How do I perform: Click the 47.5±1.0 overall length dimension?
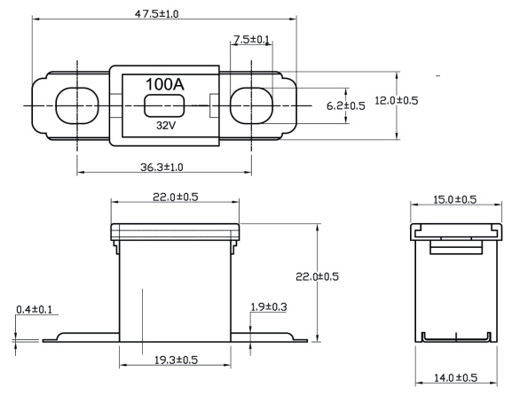pyautogui.click(x=156, y=14)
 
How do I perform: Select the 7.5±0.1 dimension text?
pyautogui.click(x=251, y=40)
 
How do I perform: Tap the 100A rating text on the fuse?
pyautogui.click(x=165, y=84)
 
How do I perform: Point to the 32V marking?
pyautogui.click(x=166, y=125)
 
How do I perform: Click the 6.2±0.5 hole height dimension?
pyautogui.click(x=346, y=106)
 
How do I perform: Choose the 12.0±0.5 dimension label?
pyautogui.click(x=396, y=100)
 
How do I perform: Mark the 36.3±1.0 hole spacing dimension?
pyautogui.click(x=161, y=167)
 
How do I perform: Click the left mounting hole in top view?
pyautogui.click(x=77, y=105)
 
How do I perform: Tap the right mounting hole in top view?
pyautogui.click(x=251, y=105)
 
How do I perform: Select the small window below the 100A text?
pyautogui.click(x=164, y=105)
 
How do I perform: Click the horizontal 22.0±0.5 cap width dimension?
pyautogui.click(x=176, y=197)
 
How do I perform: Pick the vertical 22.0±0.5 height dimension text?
pyautogui.click(x=317, y=276)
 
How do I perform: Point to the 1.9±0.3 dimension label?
pyautogui.click(x=268, y=306)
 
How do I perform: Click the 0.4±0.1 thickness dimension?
pyautogui.click(x=35, y=309)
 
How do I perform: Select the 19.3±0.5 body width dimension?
pyautogui.click(x=176, y=360)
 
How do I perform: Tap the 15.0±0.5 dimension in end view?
pyautogui.click(x=455, y=199)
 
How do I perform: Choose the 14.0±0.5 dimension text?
pyautogui.click(x=455, y=377)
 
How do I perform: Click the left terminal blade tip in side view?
pyautogui.click(x=43, y=341)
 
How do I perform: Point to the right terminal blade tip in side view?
pyautogui.click(x=307, y=341)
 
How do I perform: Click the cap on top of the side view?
pyautogui.click(x=175, y=232)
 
